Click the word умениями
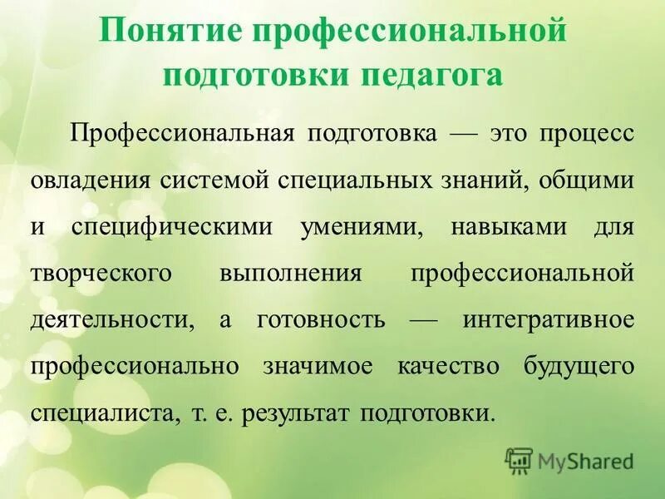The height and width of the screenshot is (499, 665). click(x=359, y=227)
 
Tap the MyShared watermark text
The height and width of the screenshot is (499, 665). click(x=586, y=459)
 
